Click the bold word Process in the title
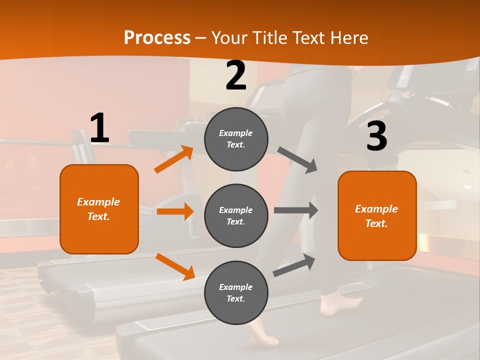(157, 37)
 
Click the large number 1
(99, 128)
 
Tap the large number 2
(236, 76)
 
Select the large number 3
(376, 136)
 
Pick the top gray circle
(236, 139)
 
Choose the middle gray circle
(236, 215)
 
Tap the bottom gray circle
(236, 292)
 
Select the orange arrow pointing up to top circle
(173, 159)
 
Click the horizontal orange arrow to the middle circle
(175, 211)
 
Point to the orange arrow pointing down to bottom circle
(175, 266)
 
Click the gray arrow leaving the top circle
(297, 160)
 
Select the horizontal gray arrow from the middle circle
(296, 210)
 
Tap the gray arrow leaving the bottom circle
(294, 265)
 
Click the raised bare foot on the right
(340, 303)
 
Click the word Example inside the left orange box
(98, 202)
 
